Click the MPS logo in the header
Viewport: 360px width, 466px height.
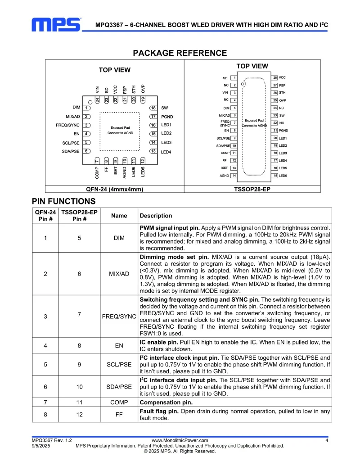pos(56,24)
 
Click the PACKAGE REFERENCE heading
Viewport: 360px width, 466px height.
pos(180,53)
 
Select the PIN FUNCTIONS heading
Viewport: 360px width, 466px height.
pos(63,201)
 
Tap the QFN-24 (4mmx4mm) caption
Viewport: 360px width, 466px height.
pos(115,190)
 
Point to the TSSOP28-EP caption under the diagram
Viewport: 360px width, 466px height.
pos(252,190)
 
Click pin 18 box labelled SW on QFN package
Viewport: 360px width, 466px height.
pos(153,108)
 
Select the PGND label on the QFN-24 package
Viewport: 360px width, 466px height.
pos(167,117)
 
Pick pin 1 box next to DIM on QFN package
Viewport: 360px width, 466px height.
pos(87,108)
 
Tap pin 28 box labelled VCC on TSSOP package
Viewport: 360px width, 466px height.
pos(274,78)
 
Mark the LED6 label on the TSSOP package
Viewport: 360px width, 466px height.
pos(283,175)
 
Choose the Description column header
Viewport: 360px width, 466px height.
pos(156,216)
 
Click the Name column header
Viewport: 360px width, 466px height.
pos(119,216)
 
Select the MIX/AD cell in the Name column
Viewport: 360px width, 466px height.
pos(119,274)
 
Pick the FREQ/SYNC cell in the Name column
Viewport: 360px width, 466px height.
pos(119,317)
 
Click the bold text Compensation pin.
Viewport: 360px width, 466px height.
pos(166,403)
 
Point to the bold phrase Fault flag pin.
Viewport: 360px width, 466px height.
pos(160,411)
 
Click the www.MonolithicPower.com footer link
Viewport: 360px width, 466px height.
pos(180,440)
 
